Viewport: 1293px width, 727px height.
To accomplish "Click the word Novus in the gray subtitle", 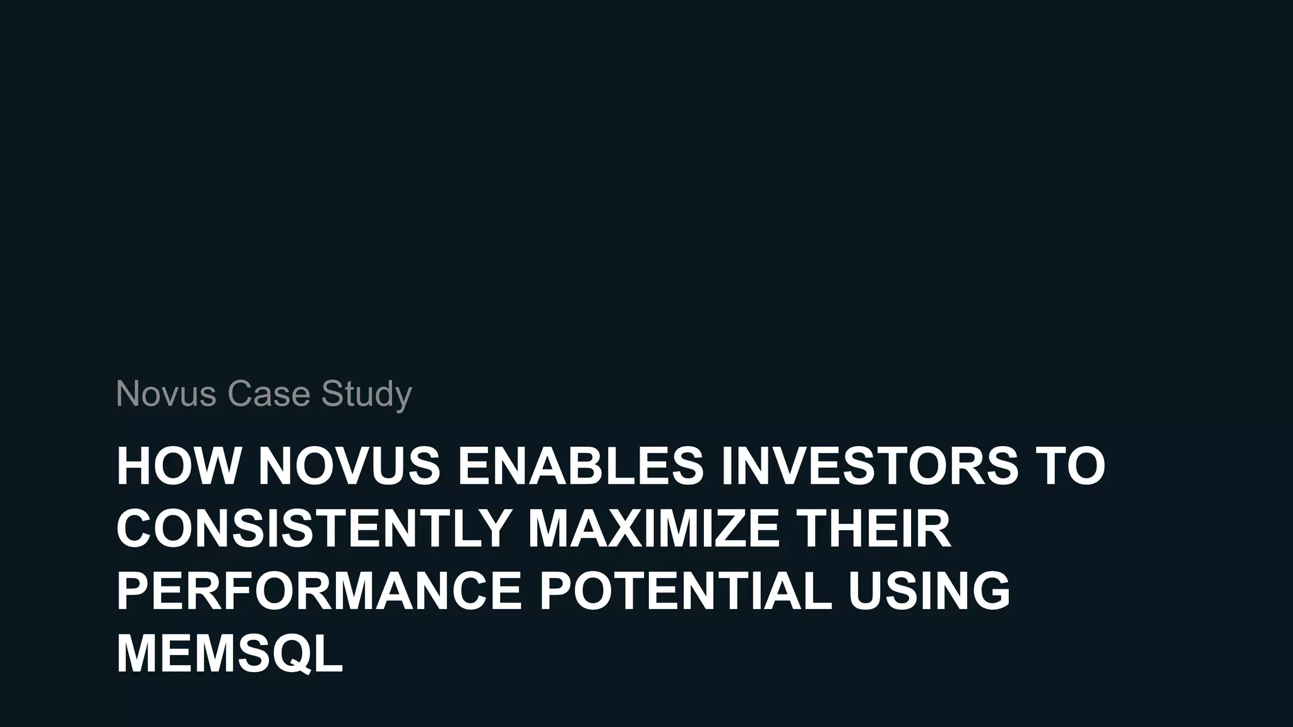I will (x=166, y=394).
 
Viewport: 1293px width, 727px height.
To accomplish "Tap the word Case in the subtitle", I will (x=268, y=394).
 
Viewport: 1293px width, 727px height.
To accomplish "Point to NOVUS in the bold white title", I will (x=349, y=466).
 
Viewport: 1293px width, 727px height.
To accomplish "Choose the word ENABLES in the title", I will (x=580, y=466).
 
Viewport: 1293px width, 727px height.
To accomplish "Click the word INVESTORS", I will (x=869, y=466).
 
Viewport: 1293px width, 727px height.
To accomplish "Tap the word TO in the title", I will (x=1070, y=466).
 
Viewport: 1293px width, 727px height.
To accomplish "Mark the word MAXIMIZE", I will (x=653, y=528).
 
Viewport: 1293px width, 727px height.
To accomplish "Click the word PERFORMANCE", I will (x=319, y=591).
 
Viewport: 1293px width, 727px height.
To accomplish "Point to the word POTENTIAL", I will (x=685, y=591).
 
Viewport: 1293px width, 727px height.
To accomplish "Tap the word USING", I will (x=929, y=591).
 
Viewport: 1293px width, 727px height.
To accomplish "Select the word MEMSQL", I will (x=229, y=653).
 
